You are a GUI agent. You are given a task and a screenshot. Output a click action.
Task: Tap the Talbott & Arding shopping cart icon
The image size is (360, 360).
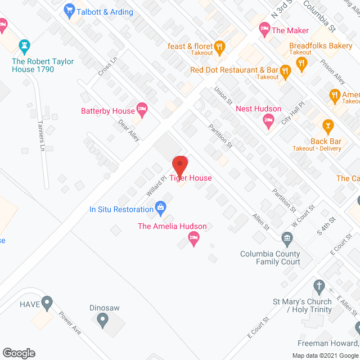point(70,10)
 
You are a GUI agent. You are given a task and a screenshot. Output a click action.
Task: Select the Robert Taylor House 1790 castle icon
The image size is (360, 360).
point(24,45)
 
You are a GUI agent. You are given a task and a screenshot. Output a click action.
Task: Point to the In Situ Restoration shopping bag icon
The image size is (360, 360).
point(161,209)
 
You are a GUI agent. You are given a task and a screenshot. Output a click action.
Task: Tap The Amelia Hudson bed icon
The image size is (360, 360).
point(194,239)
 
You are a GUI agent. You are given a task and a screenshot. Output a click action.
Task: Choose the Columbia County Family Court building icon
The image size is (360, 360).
point(287,241)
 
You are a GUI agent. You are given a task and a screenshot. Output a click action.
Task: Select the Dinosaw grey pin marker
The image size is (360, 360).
point(102,321)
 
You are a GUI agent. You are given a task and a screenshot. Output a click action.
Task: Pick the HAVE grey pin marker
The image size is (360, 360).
point(47,303)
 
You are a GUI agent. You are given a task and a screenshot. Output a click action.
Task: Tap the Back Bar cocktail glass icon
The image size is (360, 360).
point(326,125)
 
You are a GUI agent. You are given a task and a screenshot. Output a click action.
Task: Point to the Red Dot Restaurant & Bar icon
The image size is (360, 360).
point(285,70)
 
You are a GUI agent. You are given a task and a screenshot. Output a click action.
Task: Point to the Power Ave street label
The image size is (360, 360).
point(70,323)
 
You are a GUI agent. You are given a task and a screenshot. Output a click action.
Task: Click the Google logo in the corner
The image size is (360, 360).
point(19,353)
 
